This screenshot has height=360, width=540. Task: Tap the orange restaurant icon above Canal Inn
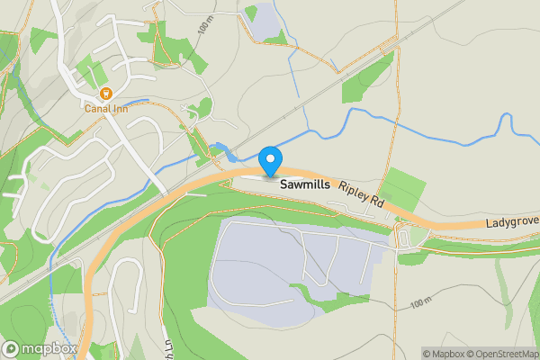(105, 93)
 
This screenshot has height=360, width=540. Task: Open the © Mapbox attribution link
(443, 353)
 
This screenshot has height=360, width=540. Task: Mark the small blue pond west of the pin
(219, 151)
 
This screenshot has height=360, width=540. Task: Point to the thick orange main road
(135, 216)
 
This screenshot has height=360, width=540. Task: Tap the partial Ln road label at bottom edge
(169, 346)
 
